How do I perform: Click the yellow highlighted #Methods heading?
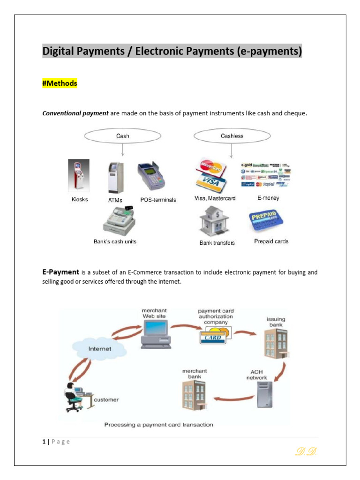[60, 83]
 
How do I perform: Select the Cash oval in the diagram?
[122, 136]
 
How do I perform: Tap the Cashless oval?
[232, 136]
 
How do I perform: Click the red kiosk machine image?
[78, 176]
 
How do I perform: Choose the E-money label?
[268, 198]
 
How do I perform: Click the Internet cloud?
[100, 348]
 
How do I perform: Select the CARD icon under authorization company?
[213, 337]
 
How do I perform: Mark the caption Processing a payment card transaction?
[158, 425]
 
